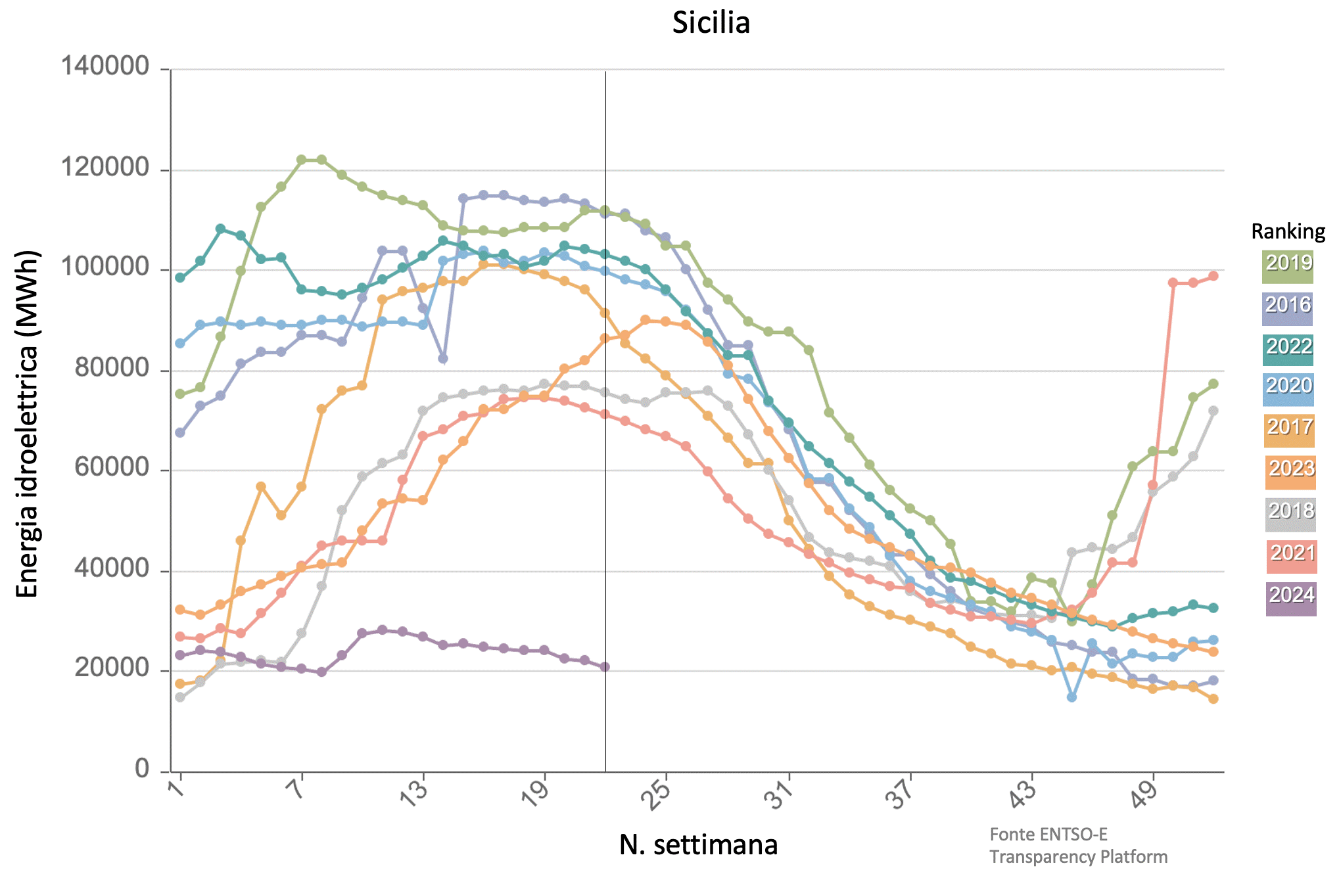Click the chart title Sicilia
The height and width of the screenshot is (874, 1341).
pyautogui.click(x=711, y=23)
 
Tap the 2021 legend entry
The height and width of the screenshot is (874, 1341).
pyautogui.click(x=1291, y=556)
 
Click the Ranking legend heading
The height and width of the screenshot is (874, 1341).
pyautogui.click(x=1288, y=231)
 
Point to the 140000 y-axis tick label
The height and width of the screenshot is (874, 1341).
pyautogui.click(x=105, y=67)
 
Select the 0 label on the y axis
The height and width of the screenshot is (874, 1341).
pyautogui.click(x=142, y=768)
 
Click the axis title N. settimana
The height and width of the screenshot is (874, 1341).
pyautogui.click(x=698, y=845)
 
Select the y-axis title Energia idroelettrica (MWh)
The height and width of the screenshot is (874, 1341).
pyautogui.click(x=27, y=424)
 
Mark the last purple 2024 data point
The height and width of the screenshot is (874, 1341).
pyautogui.click(x=605, y=666)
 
